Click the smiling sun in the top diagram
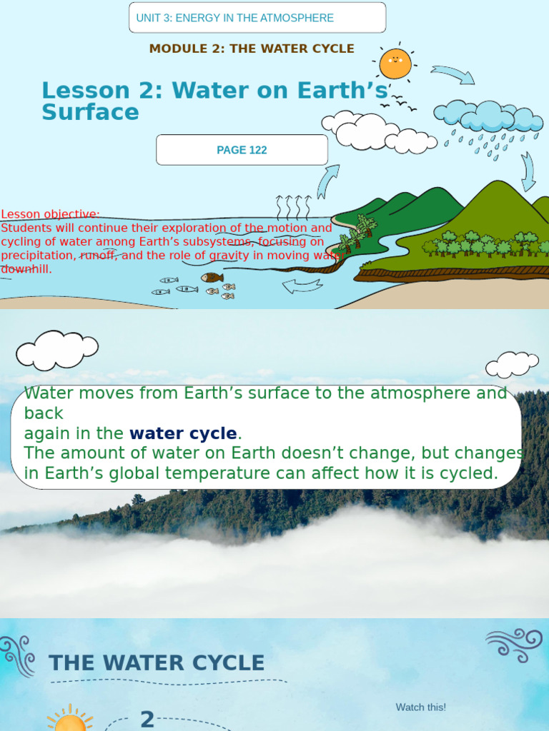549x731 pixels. [x=395, y=64]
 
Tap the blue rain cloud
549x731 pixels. [x=488, y=116]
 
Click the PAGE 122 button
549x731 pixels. [x=242, y=150]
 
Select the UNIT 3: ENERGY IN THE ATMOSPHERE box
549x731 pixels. [x=257, y=18]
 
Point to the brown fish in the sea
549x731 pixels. [x=212, y=278]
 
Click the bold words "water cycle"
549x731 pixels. [x=183, y=433]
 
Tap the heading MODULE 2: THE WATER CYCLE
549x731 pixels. [x=252, y=49]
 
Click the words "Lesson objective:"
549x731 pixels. [x=50, y=214]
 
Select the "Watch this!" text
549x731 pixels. [x=420, y=707]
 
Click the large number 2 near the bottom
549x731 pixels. [x=147, y=719]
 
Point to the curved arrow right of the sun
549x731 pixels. [x=452, y=74]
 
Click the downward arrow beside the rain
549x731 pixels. [x=528, y=172]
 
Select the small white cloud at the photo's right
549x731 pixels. [x=511, y=364]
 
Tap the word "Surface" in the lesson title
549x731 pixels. [x=90, y=113]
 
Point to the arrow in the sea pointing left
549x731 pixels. [x=302, y=286]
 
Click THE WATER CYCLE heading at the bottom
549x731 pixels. [x=157, y=663]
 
